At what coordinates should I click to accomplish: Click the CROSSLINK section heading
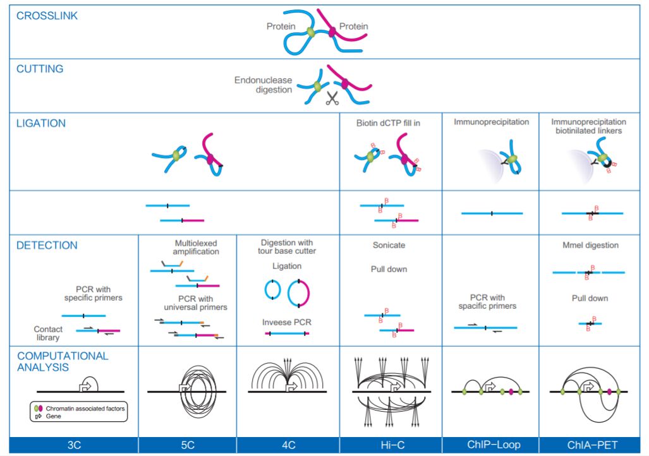click(x=47, y=16)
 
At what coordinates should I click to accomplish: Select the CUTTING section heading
click(x=40, y=69)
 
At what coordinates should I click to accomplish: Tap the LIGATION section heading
click(x=41, y=124)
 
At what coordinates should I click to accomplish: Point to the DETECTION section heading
click(x=47, y=245)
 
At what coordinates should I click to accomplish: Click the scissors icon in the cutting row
click(x=332, y=99)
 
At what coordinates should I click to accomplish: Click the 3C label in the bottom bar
click(x=74, y=445)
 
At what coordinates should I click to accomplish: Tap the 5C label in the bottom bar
click(x=187, y=445)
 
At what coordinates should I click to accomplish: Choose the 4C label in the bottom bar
click(x=288, y=445)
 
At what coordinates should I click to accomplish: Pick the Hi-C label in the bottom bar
click(x=390, y=445)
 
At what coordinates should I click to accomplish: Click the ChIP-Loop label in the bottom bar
click(x=490, y=445)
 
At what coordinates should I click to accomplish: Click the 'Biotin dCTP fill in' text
click(x=388, y=123)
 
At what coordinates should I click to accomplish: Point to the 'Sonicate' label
click(x=389, y=245)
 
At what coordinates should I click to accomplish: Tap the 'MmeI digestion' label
click(x=590, y=245)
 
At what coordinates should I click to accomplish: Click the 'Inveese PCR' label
click(x=287, y=322)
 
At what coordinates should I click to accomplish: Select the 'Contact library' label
click(x=48, y=333)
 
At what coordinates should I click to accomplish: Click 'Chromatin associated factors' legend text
click(x=85, y=409)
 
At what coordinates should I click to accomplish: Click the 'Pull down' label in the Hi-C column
click(x=389, y=269)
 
